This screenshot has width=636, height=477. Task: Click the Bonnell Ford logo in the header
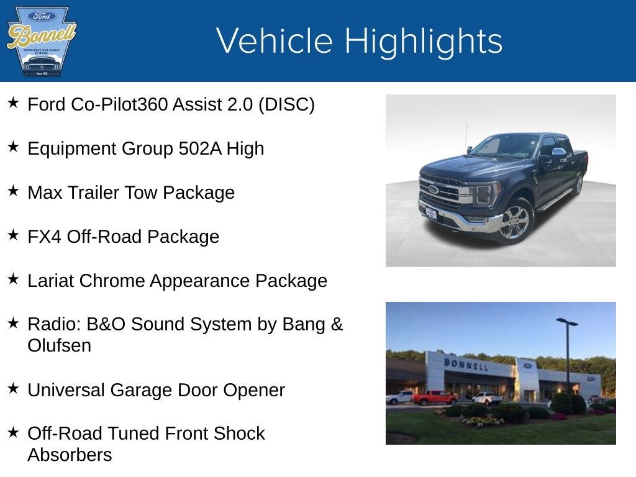pyautogui.click(x=41, y=41)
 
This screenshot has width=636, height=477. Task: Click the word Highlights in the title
pyautogui.click(x=423, y=41)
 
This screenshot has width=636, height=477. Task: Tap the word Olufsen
pyautogui.click(x=59, y=345)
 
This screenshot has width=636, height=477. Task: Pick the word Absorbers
pyautogui.click(x=70, y=455)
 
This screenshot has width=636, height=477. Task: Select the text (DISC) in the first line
pyautogui.click(x=286, y=104)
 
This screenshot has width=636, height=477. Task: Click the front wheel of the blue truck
pyautogui.click(x=515, y=222)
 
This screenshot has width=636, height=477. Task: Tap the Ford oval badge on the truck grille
pyautogui.click(x=433, y=189)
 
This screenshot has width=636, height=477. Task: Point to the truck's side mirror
pyautogui.click(x=558, y=152)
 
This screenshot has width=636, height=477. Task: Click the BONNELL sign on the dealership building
pyautogui.click(x=465, y=364)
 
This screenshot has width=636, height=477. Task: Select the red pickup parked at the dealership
pyautogui.click(x=434, y=397)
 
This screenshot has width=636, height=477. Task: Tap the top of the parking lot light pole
pyautogui.click(x=566, y=322)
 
